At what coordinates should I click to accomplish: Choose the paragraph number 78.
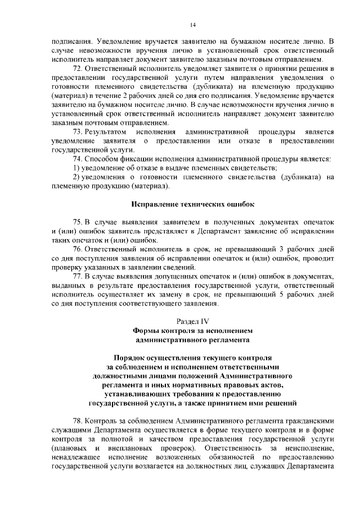pos(78,421)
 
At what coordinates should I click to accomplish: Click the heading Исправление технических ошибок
pos(193,204)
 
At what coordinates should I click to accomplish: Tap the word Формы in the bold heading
pos(147,330)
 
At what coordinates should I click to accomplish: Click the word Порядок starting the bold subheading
pos(133,358)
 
